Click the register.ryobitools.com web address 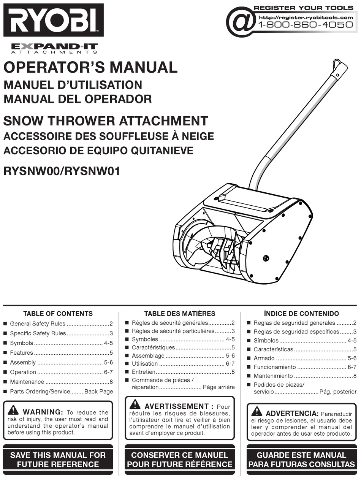[306, 17]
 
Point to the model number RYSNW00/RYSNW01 [62, 171]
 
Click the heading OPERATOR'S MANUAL [90, 67]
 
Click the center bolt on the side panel [266, 259]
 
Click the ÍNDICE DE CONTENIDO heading [301, 314]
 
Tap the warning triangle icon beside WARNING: [13, 410]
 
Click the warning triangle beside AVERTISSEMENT [135, 405]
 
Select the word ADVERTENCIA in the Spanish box [292, 413]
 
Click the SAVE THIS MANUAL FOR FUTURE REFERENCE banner [58, 459]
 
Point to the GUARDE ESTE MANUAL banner [301, 459]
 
